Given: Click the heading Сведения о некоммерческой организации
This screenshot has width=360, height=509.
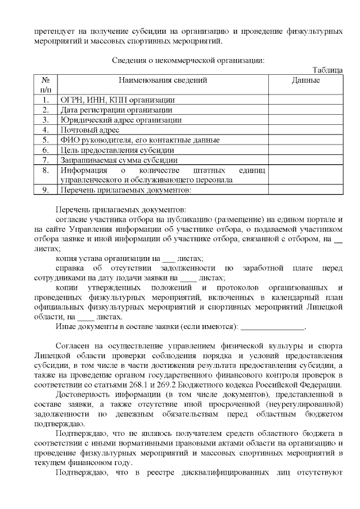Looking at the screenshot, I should pos(188,60).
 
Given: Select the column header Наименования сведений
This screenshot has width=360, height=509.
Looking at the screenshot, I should pos(163,80).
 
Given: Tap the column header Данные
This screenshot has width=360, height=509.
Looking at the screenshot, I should pos(306,80).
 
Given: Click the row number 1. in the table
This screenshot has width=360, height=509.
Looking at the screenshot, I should pos(46,100).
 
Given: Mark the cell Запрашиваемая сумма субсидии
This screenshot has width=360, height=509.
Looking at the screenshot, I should pos(119,160).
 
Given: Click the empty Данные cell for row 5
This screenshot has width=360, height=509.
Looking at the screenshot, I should pos(306,140).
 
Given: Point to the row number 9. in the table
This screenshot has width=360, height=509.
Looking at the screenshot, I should pos(46,190).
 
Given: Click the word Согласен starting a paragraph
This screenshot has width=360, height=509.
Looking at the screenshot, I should pos(73,345).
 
